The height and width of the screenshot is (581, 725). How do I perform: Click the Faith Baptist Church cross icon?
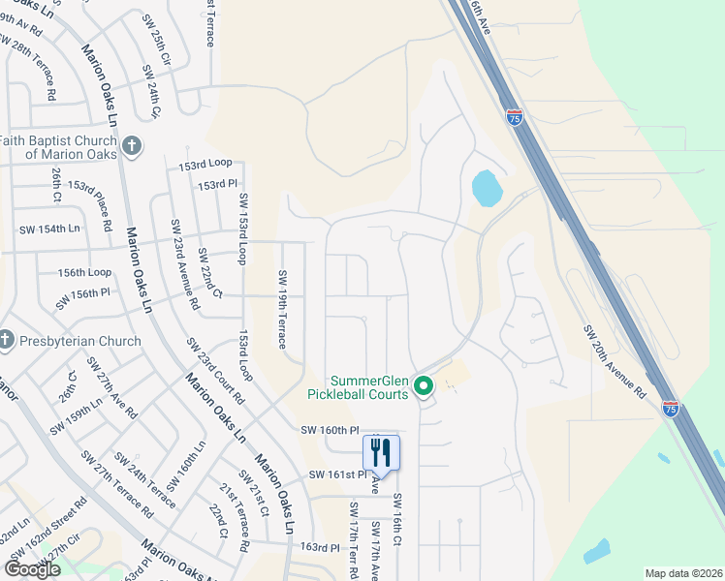[x=133, y=147]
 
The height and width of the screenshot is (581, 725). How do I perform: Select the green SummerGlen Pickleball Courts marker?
[x=424, y=387]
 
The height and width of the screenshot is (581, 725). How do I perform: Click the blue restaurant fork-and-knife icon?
[x=381, y=451]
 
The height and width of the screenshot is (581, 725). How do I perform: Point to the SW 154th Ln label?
[x=49, y=229]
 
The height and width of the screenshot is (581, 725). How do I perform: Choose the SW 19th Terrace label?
[x=282, y=309]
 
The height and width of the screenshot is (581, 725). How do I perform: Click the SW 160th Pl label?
[x=330, y=429]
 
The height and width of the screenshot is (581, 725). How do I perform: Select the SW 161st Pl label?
[x=338, y=474]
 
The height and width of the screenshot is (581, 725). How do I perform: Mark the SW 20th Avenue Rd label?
[x=614, y=361]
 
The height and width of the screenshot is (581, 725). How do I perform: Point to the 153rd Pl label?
[x=217, y=184]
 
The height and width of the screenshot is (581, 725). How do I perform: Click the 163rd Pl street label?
[x=320, y=547]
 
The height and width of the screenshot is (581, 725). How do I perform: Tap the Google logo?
[x=32, y=568]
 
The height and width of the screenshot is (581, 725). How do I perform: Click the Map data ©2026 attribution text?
[x=683, y=573]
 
